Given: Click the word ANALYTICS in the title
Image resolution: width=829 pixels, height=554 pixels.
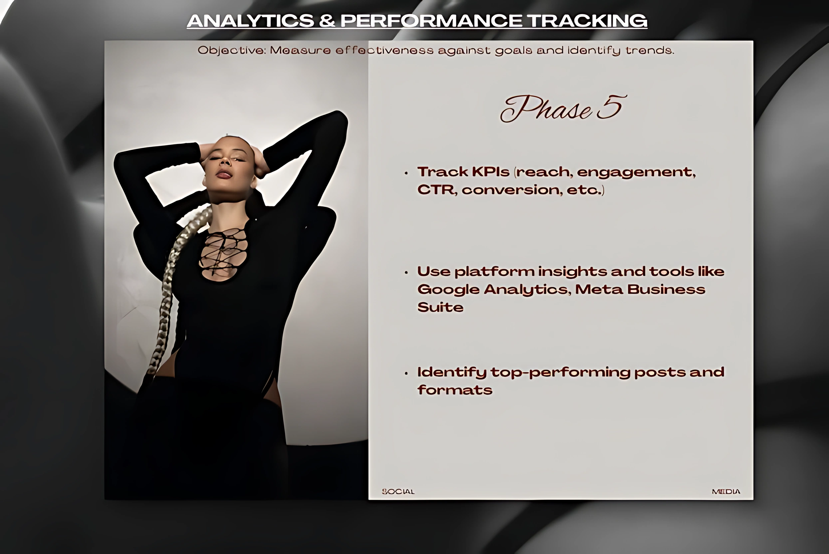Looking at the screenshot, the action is point(250,21).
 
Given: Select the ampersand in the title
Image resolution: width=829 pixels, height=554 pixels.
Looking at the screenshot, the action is point(327,21).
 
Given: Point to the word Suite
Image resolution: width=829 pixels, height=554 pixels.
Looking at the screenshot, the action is point(440,307).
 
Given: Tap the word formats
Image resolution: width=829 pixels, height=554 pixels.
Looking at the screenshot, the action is point(455,390).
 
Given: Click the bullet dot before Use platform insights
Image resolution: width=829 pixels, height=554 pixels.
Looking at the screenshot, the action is point(406,273).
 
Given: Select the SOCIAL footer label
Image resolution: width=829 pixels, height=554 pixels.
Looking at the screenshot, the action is point(398,491).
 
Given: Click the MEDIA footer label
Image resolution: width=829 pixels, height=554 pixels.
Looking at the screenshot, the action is point(726,491).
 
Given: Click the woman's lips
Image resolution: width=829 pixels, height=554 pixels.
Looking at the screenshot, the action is point(224,175).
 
